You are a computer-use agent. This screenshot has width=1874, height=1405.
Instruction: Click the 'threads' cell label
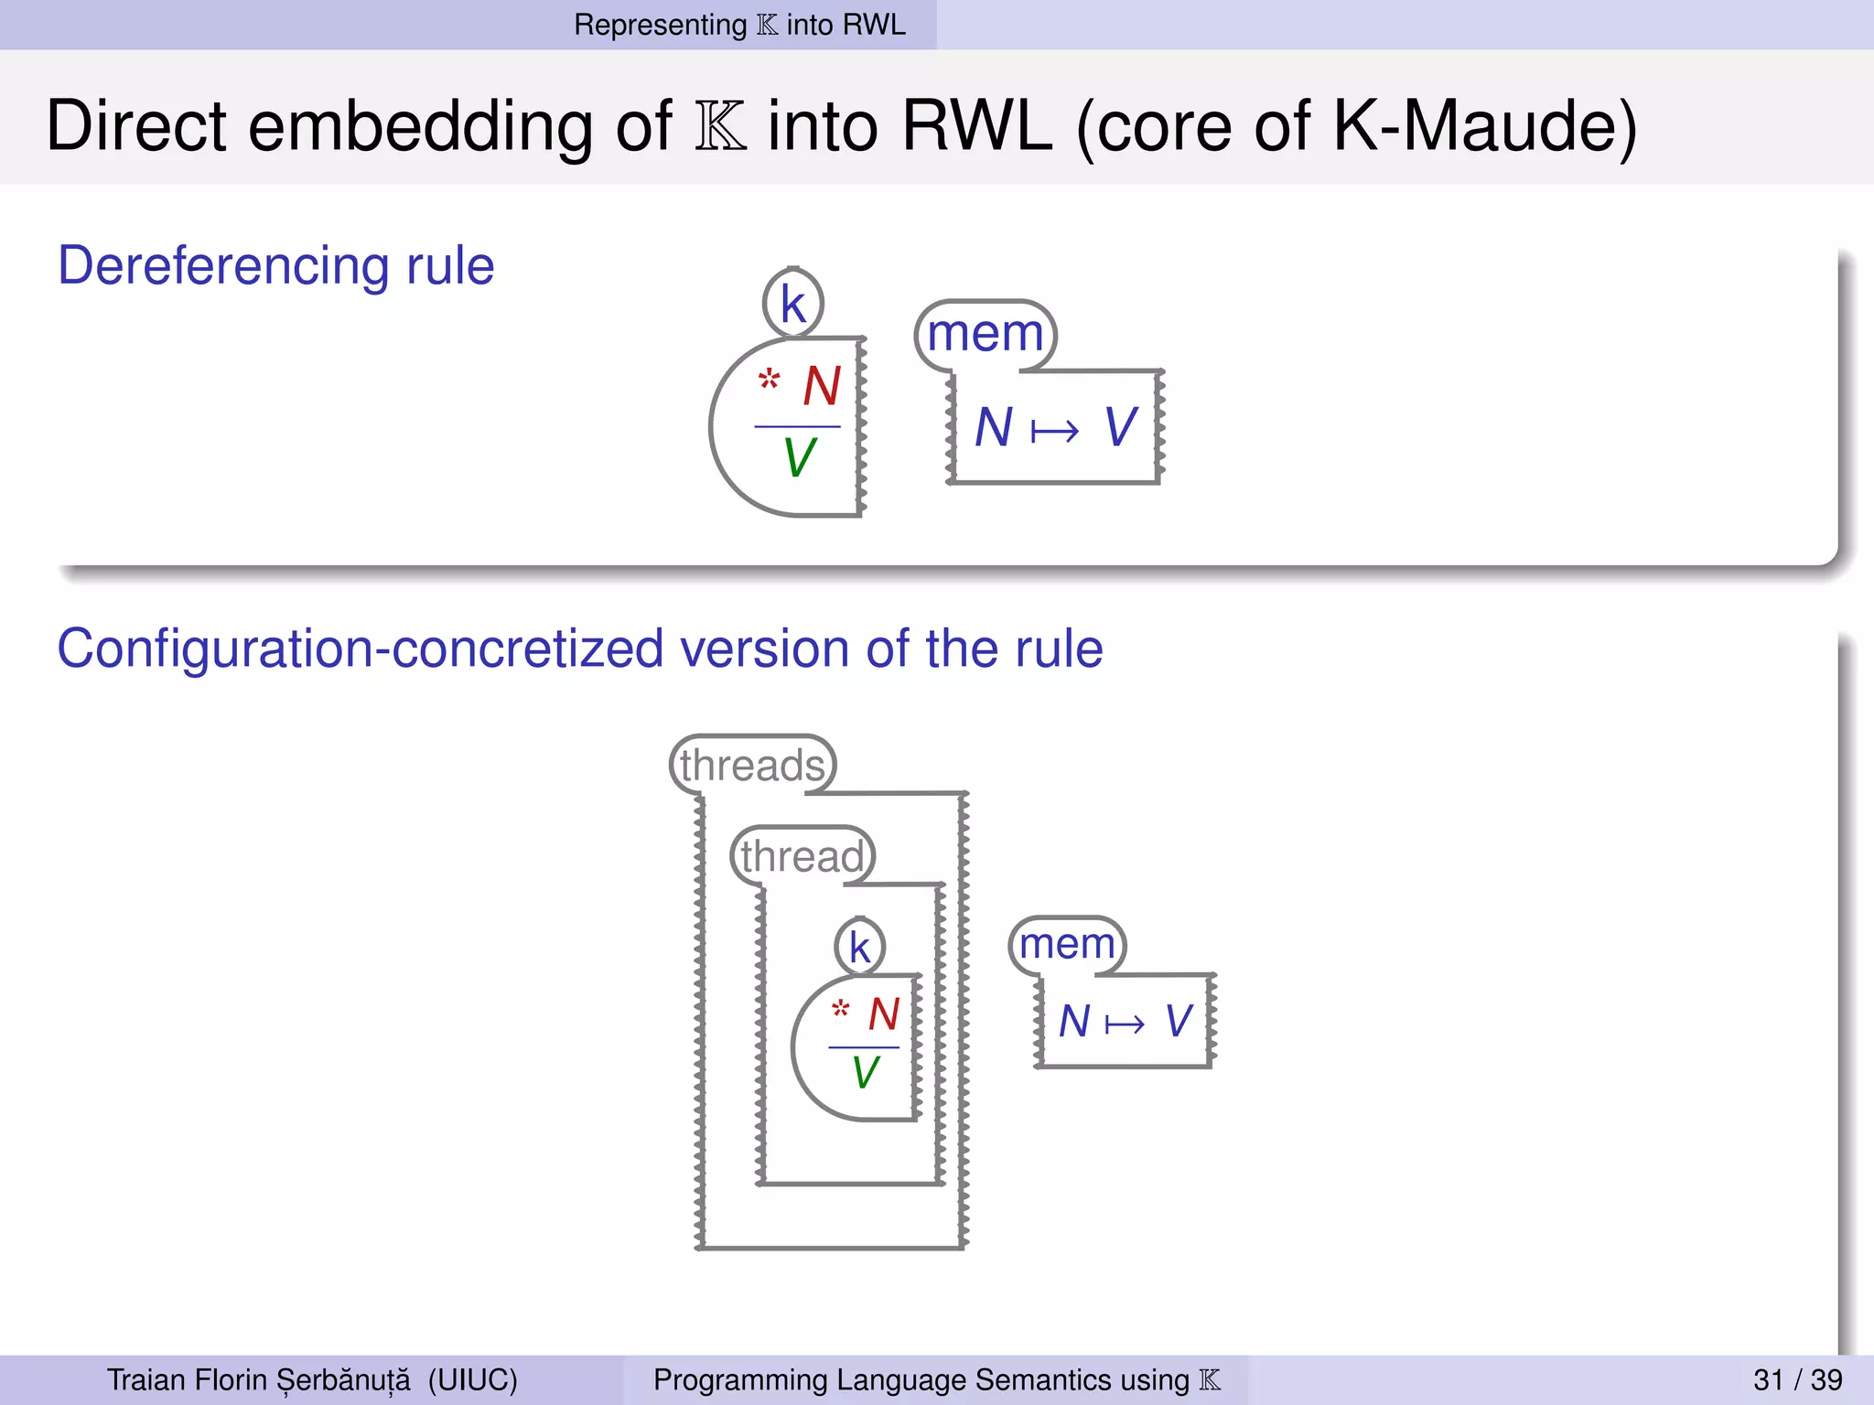752,765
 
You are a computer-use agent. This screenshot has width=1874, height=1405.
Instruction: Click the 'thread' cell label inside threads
802,856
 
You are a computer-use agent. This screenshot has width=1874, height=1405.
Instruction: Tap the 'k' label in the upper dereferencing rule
792,304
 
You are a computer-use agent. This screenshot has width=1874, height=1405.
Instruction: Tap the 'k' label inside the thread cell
859,947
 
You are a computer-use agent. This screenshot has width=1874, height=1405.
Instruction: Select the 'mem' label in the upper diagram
985,333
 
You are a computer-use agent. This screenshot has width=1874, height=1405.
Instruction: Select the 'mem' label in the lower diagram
1067,943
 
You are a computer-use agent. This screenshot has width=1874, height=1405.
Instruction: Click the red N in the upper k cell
822,386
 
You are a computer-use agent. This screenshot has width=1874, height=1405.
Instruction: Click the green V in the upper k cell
799,457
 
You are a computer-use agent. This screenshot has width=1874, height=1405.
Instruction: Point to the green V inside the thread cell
865,1072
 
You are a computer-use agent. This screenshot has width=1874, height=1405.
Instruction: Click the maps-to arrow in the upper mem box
1054,430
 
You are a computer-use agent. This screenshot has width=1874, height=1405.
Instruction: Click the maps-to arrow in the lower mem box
1125,1024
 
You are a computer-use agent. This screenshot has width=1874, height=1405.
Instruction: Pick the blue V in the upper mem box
1121,427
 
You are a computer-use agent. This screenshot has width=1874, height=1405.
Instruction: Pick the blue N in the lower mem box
1074,1022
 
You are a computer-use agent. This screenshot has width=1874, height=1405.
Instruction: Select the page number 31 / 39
1797,1379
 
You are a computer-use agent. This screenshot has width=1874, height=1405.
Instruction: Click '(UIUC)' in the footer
472,1379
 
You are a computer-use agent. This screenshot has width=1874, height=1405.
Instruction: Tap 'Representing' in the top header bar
660,25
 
